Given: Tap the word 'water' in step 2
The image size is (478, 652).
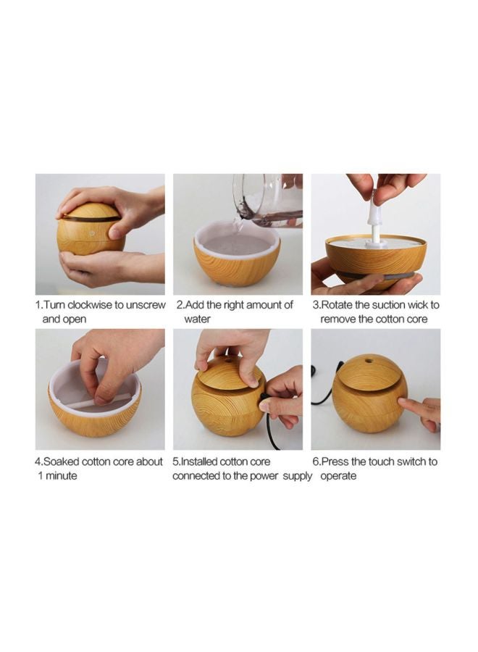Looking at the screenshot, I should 197,319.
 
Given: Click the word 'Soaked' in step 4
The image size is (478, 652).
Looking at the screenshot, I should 61,461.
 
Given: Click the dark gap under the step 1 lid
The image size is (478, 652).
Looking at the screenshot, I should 91,219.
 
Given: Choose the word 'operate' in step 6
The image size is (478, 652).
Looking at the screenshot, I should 338,476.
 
